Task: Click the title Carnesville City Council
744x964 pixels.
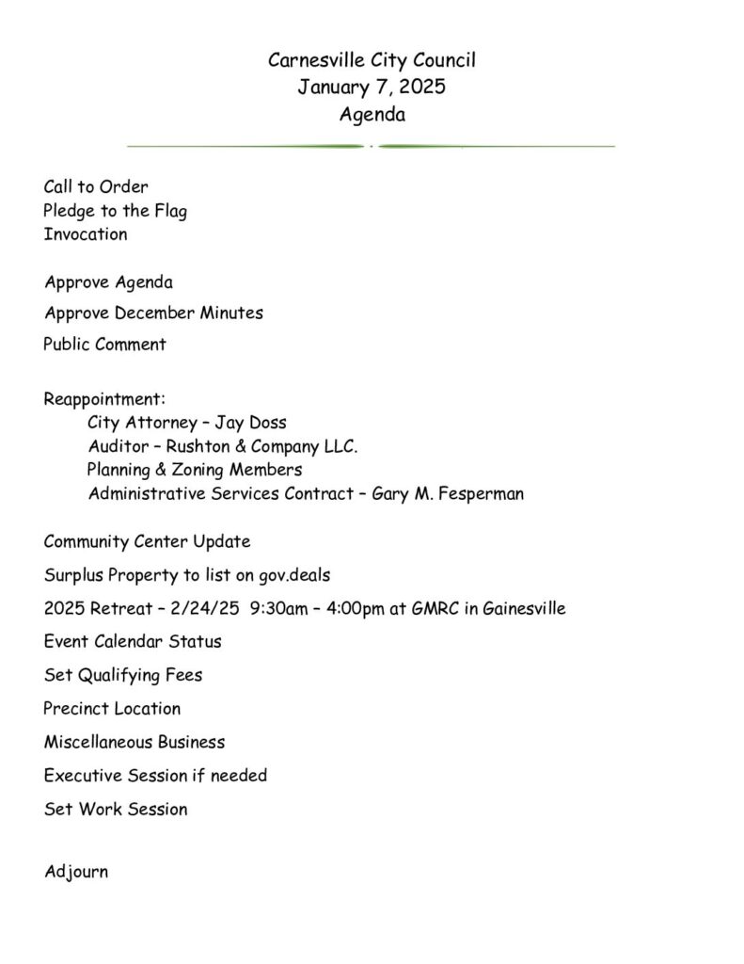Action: click(x=372, y=61)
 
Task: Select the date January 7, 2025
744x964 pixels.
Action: click(x=372, y=88)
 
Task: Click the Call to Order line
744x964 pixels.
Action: click(x=96, y=186)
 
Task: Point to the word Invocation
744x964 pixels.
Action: click(x=86, y=234)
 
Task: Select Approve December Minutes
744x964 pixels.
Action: click(x=153, y=313)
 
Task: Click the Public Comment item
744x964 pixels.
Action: click(x=104, y=345)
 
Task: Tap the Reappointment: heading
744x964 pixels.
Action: click(x=104, y=399)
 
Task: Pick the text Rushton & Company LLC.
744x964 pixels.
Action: click(x=261, y=447)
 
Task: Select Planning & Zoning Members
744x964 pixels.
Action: click(x=195, y=470)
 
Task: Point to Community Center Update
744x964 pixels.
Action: click(x=147, y=542)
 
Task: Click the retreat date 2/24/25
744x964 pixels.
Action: click(x=201, y=608)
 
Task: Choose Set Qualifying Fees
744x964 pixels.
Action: click(x=123, y=675)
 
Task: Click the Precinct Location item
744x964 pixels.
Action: click(x=112, y=709)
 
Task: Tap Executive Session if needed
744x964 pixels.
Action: click(x=155, y=776)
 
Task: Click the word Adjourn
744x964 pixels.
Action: click(x=76, y=872)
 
